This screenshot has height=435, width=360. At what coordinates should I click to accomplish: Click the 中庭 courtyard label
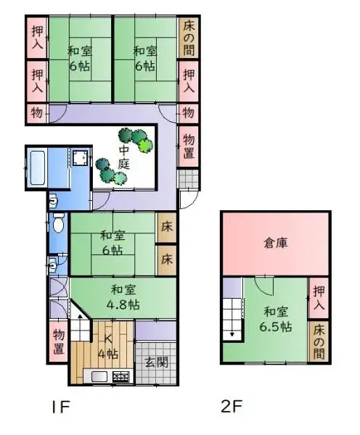coord(125,157)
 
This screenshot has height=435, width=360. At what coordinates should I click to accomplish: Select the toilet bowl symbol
coord(58,223)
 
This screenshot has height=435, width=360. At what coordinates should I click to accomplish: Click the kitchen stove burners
coord(120,376)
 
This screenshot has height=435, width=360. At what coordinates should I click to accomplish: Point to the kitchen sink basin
coord(97,376)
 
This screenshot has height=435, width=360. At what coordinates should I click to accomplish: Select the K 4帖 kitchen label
coord(107,346)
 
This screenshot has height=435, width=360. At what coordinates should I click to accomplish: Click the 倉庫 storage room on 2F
coord(275,244)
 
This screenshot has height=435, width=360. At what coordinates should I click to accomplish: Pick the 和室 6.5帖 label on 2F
coord(277,319)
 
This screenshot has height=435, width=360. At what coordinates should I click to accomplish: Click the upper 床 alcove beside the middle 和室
coord(166,227)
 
